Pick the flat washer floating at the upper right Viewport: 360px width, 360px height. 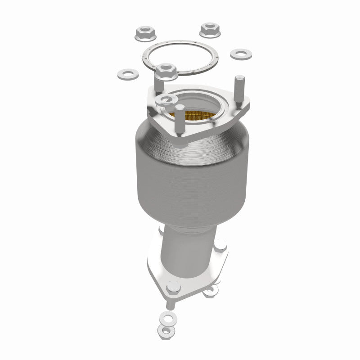(241, 54)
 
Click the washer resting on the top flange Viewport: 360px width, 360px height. (165, 100)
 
